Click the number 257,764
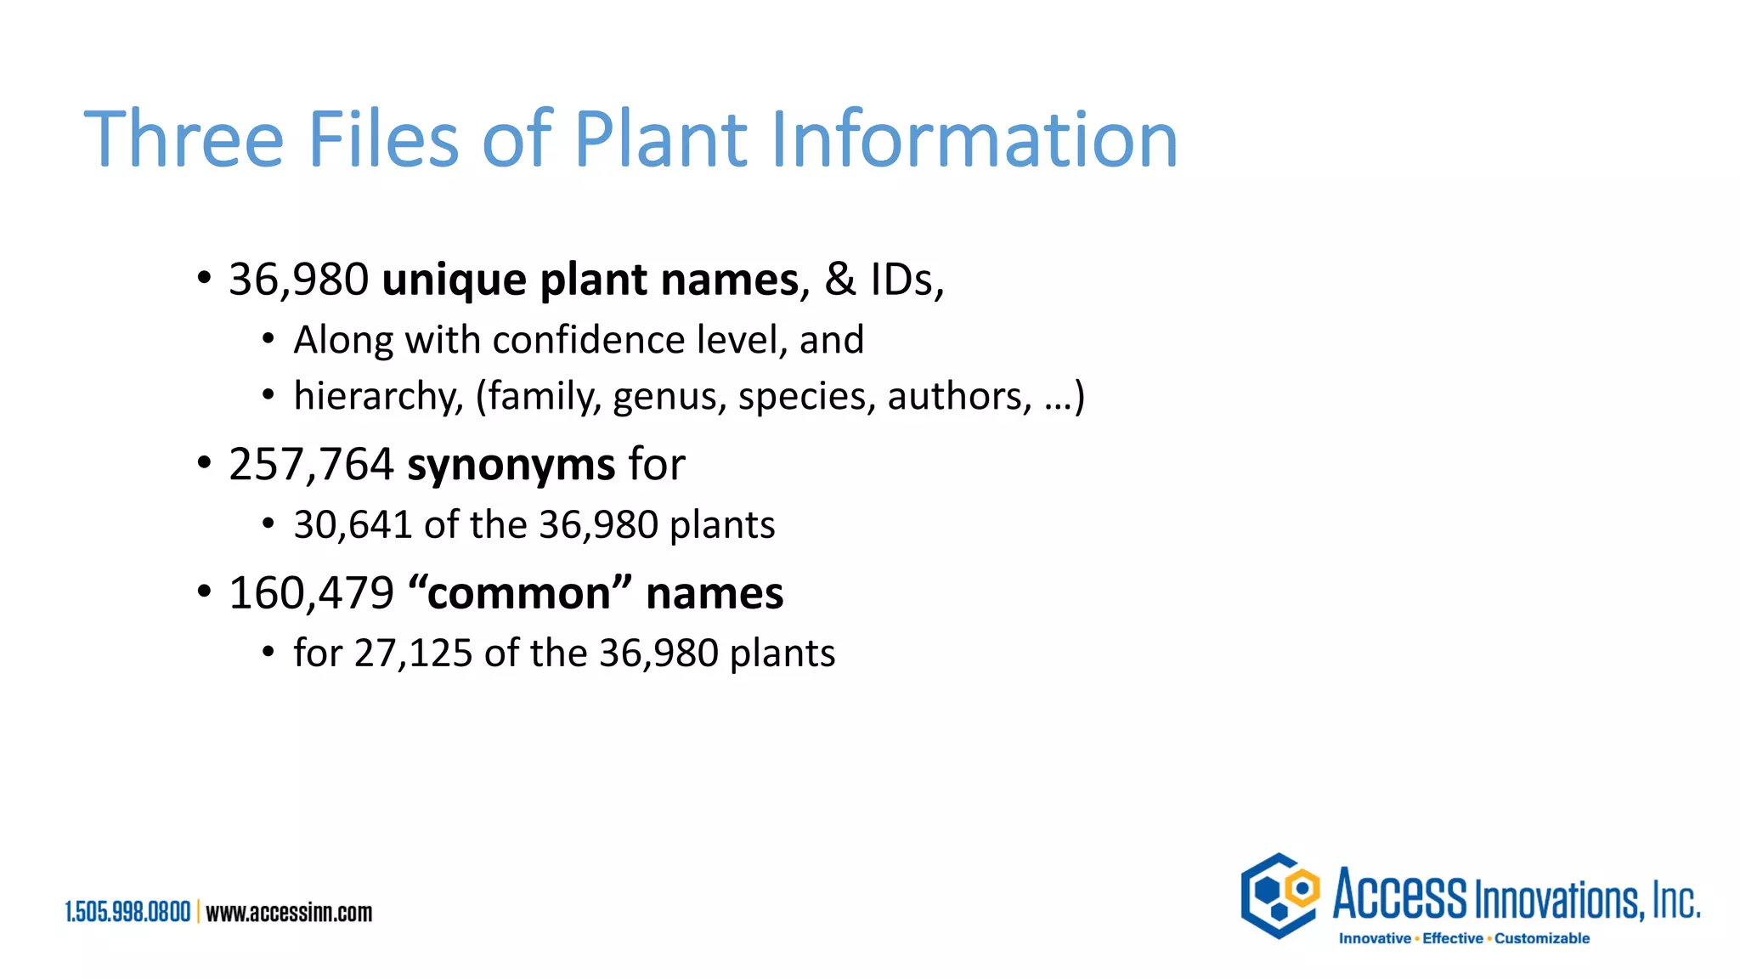click(311, 465)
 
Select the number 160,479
click(311, 593)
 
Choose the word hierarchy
click(378, 397)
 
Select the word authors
click(959, 397)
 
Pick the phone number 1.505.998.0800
click(128, 913)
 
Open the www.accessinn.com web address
click(289, 913)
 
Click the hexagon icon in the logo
click(1280, 896)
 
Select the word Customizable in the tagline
click(1542, 938)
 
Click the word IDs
click(907, 280)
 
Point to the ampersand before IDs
click(840, 280)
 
